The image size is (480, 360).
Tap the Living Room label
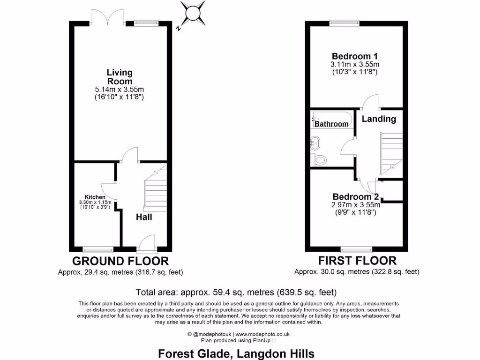click(120, 77)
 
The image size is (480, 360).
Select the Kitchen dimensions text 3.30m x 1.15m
click(95, 202)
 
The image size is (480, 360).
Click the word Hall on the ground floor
click(144, 217)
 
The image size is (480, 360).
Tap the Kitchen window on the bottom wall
click(98, 248)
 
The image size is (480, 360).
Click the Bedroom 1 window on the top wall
click(344, 22)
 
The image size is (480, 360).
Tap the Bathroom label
click(331, 124)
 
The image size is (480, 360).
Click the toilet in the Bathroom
click(321, 160)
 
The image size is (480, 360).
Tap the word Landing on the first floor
click(378, 119)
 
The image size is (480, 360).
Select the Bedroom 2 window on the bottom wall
click(357, 248)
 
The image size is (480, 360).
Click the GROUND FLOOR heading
click(120, 261)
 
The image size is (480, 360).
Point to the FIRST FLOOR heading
click(357, 261)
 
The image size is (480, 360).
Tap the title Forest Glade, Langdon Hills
click(236, 353)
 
